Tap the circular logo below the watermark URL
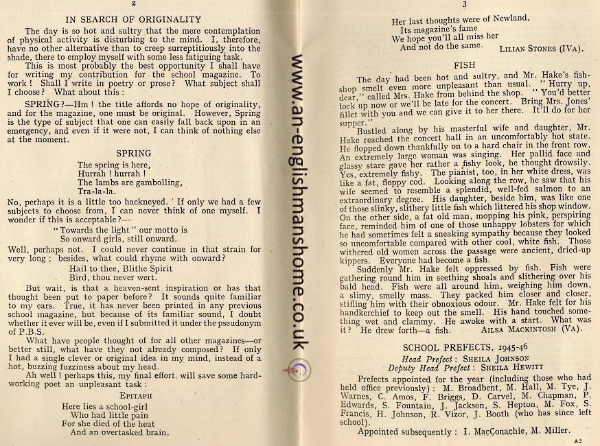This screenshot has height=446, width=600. pos(302,371)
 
